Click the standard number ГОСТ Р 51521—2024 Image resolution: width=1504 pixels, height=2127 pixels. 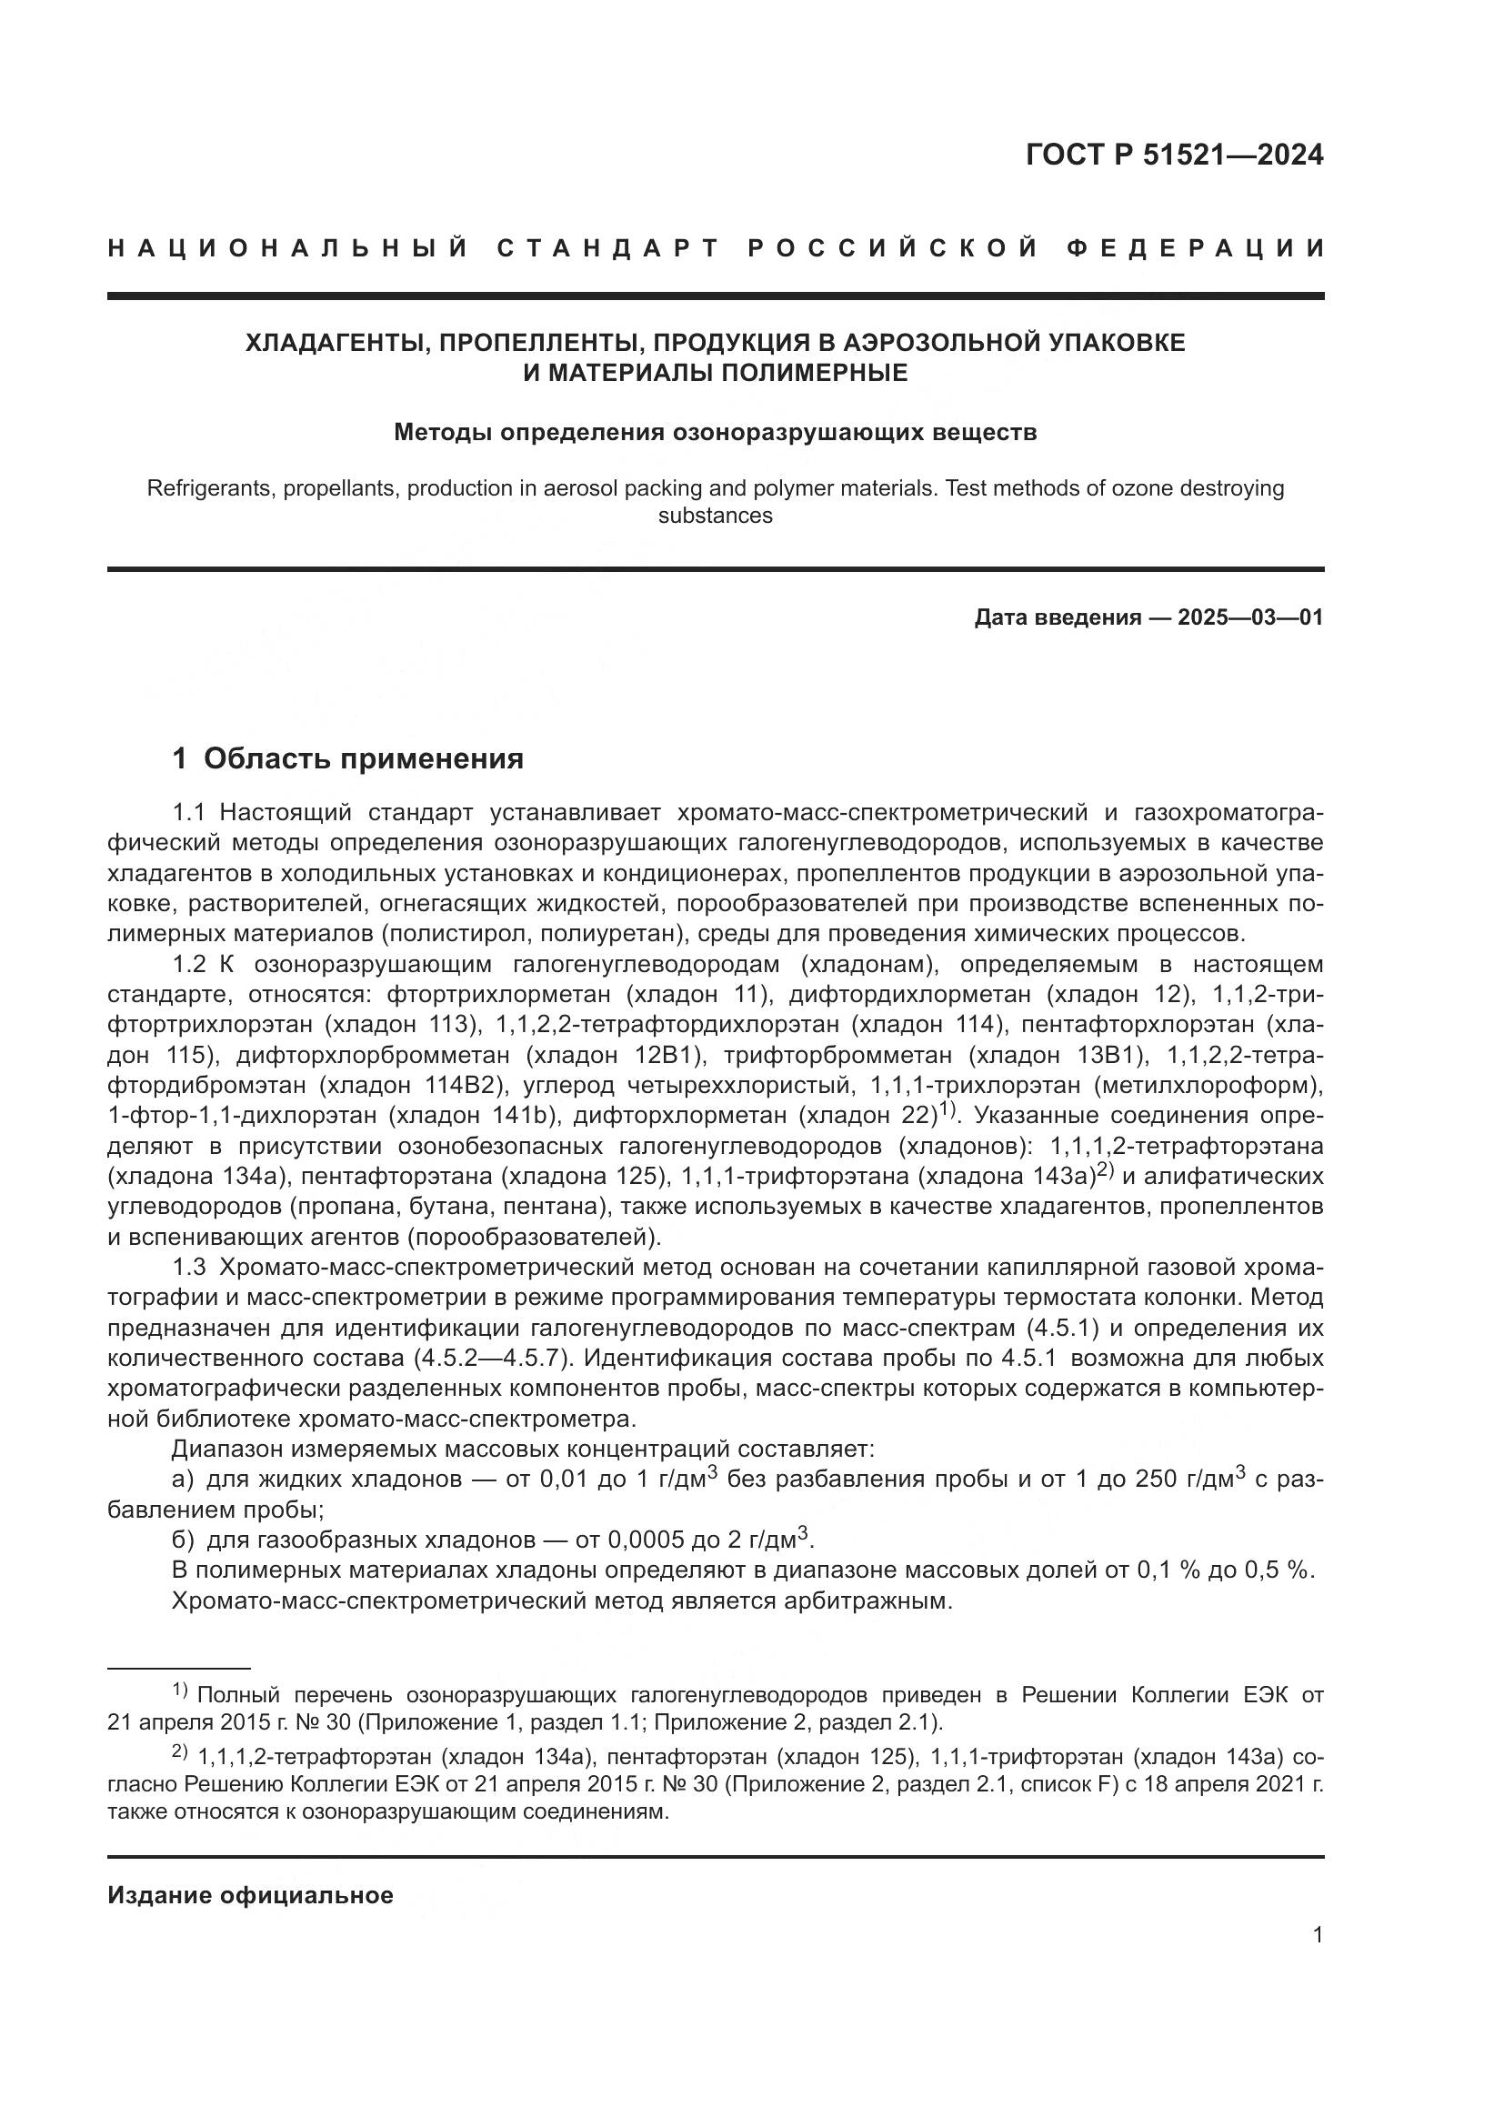point(1174,156)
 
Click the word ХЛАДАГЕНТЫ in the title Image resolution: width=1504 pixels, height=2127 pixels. point(334,343)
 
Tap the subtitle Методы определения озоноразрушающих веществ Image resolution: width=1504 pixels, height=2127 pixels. point(715,433)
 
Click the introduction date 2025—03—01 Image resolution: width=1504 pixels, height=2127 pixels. point(1250,617)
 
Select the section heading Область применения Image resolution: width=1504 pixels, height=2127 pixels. point(363,758)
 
